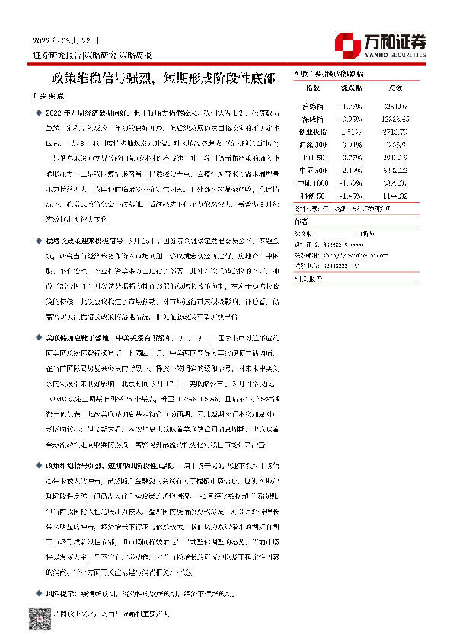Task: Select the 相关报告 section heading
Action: click(307, 278)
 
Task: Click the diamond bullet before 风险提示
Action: click(37, 592)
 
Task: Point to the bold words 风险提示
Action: click(60, 592)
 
